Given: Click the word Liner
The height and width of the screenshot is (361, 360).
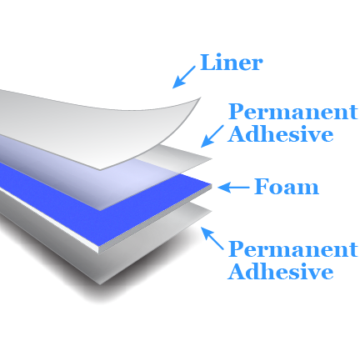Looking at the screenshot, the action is [x=231, y=63].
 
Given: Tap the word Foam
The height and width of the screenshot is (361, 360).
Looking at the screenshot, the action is [x=287, y=187].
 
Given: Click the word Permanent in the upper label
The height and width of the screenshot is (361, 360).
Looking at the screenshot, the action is [x=292, y=112].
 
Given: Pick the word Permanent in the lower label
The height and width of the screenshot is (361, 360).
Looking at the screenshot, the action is [x=292, y=248].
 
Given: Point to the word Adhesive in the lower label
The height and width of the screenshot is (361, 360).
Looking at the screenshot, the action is [x=281, y=271].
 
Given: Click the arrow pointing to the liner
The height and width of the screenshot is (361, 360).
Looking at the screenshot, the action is [x=184, y=78].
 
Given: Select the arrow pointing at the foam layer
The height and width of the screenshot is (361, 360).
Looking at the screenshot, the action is [x=233, y=188].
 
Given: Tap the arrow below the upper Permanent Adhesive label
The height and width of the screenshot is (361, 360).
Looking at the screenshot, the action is [x=212, y=136].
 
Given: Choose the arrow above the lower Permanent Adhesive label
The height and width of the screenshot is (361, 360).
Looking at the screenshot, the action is [x=212, y=238].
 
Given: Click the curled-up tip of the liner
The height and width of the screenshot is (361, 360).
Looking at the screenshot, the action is [x=200, y=98].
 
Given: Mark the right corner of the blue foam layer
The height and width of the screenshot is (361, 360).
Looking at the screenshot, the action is [x=212, y=184].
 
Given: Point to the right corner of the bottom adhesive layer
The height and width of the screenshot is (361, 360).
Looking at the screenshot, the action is [x=212, y=212].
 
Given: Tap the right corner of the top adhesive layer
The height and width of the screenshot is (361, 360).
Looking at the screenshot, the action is [x=212, y=158].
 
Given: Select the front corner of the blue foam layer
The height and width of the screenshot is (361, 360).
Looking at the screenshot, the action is [x=99, y=246].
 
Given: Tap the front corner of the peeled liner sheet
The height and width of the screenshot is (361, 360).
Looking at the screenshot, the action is [x=100, y=169].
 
